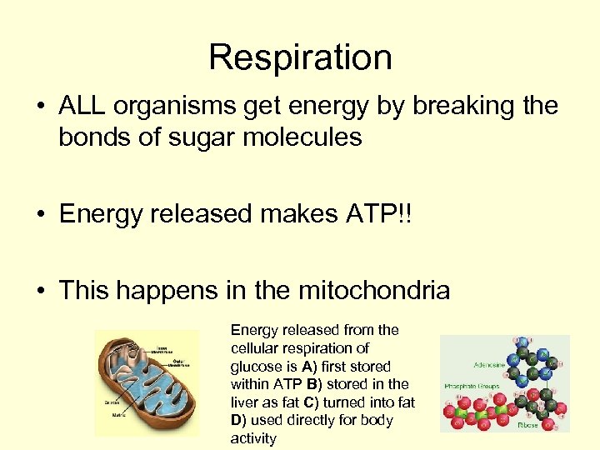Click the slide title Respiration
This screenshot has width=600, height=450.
(300, 57)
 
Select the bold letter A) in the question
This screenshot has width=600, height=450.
(307, 366)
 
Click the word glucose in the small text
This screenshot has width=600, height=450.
(255, 366)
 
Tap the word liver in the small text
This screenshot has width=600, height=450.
(247, 402)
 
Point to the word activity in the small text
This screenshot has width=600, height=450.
(252, 438)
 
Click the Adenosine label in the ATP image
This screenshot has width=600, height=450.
(472, 364)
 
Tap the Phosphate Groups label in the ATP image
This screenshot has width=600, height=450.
(471, 387)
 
